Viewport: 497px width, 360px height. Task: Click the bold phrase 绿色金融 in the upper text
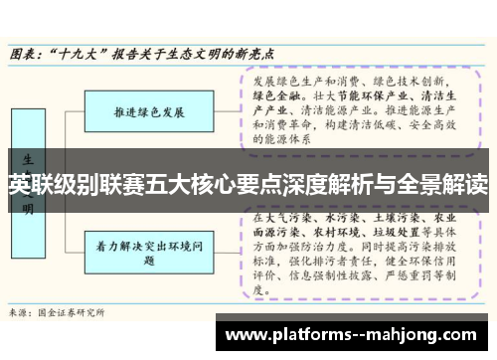tap(275, 96)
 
